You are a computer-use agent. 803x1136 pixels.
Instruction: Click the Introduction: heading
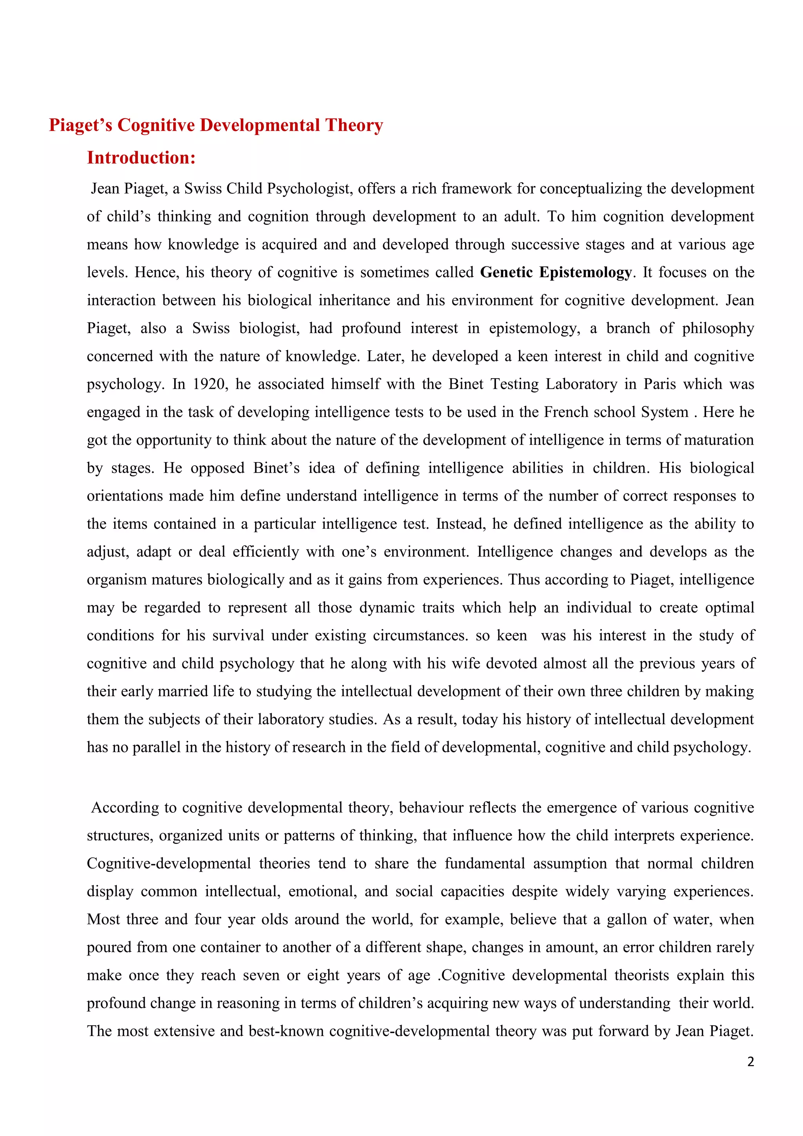click(142, 158)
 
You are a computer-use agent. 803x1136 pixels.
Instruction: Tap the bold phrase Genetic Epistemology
click(556, 272)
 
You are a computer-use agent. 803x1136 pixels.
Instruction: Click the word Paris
click(659, 384)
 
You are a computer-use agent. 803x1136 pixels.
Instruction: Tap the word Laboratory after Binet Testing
click(581, 384)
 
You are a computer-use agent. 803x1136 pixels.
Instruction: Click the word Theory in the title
click(354, 125)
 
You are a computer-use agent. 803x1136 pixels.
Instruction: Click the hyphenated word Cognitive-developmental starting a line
click(169, 863)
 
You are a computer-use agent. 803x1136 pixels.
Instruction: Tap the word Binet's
click(276, 468)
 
